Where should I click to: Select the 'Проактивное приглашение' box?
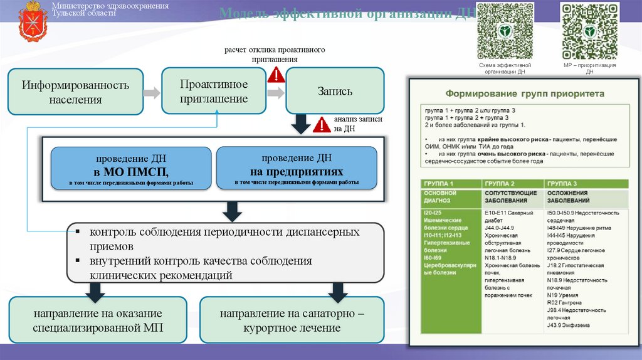pyautogui.click(x=214, y=91)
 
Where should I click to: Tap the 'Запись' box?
pyautogui.click(x=335, y=91)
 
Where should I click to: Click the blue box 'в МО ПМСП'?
pyautogui.click(x=131, y=168)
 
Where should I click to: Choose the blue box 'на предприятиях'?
pyautogui.click(x=297, y=168)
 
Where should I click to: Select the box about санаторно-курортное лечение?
pyautogui.click(x=292, y=320)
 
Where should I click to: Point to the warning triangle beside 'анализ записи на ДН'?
pyautogui.click(x=322, y=124)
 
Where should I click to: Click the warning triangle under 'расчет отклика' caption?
pyautogui.click(x=276, y=76)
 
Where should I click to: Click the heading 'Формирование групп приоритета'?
pyautogui.click(x=524, y=93)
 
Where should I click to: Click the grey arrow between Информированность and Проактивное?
pyautogui.click(x=152, y=93)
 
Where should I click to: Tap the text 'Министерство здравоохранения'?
pyautogui.click(x=110, y=6)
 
